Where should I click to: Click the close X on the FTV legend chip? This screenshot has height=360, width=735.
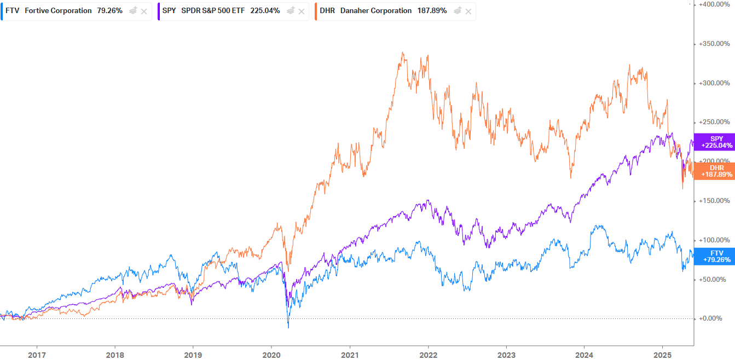144,11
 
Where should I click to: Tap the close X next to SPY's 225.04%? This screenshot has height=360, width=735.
301,11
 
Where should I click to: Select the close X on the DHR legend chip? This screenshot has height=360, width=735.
468,11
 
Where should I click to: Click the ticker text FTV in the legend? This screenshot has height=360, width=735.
13,11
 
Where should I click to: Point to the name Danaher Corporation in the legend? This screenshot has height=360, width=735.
375,11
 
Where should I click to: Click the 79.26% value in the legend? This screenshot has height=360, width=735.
109,11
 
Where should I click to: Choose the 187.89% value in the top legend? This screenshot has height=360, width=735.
432,11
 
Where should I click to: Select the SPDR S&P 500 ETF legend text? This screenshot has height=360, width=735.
213,11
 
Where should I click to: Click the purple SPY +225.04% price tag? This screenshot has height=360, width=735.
714,142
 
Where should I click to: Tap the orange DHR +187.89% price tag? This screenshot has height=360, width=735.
714,171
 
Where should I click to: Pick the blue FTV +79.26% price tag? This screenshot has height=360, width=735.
714,256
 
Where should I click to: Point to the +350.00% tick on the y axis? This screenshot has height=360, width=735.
714,44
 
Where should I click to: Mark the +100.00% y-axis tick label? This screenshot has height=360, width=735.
714,240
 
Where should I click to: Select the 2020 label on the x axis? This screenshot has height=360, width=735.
271,355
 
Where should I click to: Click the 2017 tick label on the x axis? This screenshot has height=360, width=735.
37,355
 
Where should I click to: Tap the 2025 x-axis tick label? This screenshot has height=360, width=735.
662,355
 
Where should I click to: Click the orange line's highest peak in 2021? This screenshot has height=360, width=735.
403,52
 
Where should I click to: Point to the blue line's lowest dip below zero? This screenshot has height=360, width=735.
288,328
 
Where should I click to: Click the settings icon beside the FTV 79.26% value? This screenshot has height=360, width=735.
133,11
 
